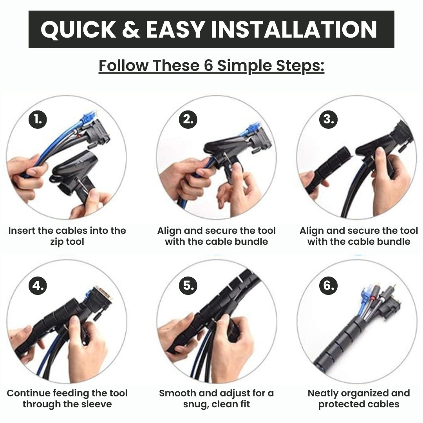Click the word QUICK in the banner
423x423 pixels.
coord(78,30)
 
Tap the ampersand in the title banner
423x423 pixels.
coord(131,29)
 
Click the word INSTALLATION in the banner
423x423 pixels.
coord(294,29)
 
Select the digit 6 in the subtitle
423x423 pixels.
coord(208,65)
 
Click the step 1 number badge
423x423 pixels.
coord(38,119)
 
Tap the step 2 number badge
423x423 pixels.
coord(188,119)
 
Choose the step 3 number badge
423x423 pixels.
coord(328,119)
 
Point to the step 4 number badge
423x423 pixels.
coord(38,286)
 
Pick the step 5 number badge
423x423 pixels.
coord(188,286)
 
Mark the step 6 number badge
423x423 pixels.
coord(328,285)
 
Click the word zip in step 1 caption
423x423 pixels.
coord(56,242)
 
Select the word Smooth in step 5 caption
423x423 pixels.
coord(177,393)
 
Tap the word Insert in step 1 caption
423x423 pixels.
coord(22,231)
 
